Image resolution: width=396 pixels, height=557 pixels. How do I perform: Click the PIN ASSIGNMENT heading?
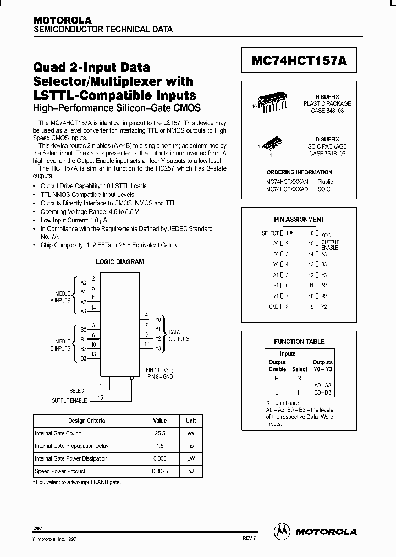299,219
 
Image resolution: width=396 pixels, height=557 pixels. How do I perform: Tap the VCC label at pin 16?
326,234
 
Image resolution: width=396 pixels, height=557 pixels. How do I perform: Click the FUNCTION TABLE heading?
299,341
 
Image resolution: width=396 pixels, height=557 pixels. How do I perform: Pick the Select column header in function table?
300,369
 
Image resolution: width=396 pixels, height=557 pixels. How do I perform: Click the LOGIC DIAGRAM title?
120,262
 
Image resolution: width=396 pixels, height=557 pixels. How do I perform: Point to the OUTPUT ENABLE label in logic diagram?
69,400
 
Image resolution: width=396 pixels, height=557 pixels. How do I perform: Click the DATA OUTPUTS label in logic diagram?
179,336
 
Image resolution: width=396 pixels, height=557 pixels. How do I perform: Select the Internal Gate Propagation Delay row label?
71,446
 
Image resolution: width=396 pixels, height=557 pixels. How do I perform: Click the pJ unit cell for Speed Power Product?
190,471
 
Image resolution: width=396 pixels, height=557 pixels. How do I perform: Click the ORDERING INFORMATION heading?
299,172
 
